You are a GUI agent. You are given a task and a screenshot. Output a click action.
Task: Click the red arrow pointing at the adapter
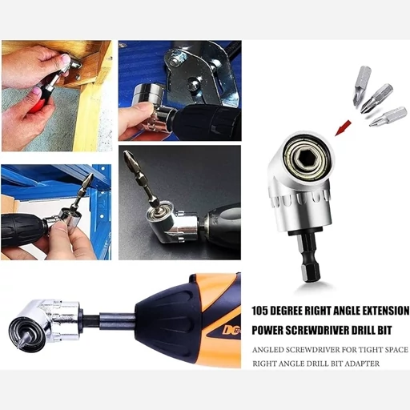[343, 128]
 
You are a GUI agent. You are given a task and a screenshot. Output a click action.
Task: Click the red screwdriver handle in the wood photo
[39, 99]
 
